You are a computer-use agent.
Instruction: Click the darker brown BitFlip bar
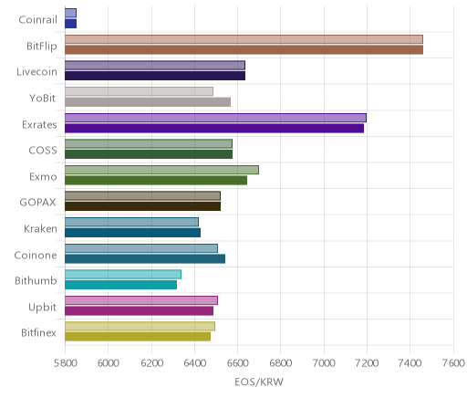tap(244, 50)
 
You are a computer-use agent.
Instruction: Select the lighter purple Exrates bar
tap(215, 118)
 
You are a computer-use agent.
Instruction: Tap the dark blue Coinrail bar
tap(70, 24)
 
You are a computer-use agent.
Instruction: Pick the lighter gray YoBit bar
tap(139, 91)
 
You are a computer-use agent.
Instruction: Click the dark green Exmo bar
tap(156, 181)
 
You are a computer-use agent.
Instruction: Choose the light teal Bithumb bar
tap(123, 275)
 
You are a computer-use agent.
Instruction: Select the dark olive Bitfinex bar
tap(138, 337)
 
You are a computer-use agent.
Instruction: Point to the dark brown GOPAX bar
tap(142, 206)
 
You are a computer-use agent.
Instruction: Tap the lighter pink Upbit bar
tap(141, 300)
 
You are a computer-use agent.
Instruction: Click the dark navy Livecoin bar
tap(155, 76)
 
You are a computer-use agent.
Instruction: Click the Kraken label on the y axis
tap(40, 228)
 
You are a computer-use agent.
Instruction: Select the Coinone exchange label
tap(36, 255)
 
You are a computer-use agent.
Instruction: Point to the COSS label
tap(43, 151)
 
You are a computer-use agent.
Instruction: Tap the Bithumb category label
tap(36, 280)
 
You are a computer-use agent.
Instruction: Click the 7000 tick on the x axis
tap(324, 363)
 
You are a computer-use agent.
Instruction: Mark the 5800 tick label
tap(65, 363)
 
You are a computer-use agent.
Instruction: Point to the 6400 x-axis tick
tap(194, 363)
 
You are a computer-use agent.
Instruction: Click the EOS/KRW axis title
tap(259, 382)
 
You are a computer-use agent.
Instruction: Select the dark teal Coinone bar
tap(145, 259)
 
